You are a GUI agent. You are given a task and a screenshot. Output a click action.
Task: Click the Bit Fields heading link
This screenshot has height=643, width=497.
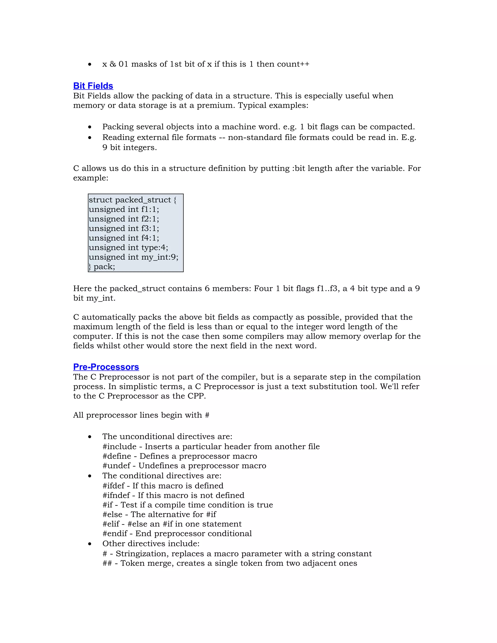point(93,86)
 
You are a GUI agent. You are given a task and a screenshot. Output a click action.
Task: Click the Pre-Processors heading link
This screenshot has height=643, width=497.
point(106,367)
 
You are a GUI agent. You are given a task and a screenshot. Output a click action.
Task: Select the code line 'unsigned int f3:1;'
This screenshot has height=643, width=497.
point(124,229)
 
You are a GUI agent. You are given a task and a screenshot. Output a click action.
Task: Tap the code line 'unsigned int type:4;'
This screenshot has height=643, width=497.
point(128,247)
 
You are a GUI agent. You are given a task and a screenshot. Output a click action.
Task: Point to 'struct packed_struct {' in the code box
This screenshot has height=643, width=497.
point(133,200)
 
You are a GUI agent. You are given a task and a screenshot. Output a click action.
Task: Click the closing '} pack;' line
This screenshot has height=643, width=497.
point(102,267)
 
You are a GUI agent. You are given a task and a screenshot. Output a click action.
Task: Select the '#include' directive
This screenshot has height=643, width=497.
point(119,447)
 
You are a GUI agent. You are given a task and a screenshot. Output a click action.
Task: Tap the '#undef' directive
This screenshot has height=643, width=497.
point(116,466)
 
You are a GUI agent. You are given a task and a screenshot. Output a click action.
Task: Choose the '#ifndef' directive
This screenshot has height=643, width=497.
point(116,495)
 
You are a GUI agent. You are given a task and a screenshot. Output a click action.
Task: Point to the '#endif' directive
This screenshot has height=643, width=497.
point(115,534)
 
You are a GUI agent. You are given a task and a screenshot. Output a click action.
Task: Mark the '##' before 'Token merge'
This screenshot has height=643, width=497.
point(107,563)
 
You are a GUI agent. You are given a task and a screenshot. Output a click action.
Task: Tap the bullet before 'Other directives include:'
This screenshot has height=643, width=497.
point(90,544)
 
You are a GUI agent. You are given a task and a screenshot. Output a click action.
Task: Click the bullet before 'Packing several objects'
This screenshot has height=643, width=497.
point(90,127)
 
